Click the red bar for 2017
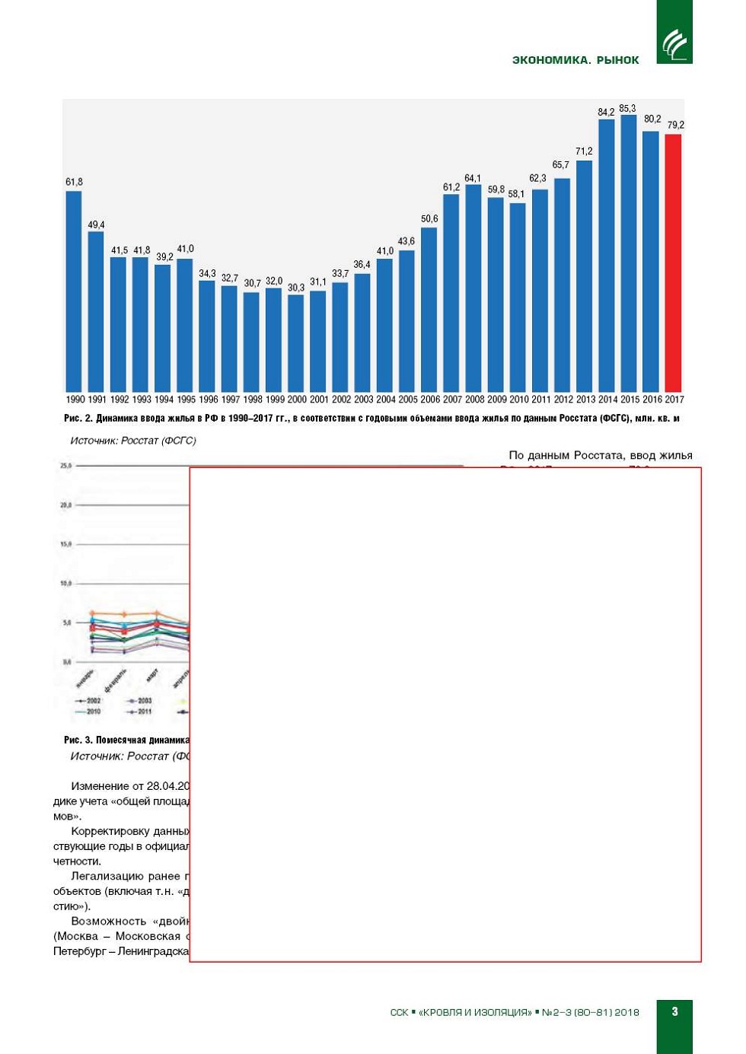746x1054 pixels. pyautogui.click(x=673, y=263)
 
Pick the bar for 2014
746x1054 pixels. pyautogui.click(x=607, y=255)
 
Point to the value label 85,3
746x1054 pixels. pyautogui.click(x=627, y=109)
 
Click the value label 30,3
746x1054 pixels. pyautogui.click(x=296, y=288)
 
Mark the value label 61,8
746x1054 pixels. pyautogui.click(x=74, y=183)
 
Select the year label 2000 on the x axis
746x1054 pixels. pyautogui.click(x=297, y=400)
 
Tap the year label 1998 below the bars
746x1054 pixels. pyautogui.click(x=253, y=400)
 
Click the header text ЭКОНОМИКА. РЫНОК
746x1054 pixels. pyautogui.click(x=575, y=60)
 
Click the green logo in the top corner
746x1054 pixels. pyautogui.click(x=674, y=32)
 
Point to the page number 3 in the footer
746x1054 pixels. pyautogui.click(x=674, y=1011)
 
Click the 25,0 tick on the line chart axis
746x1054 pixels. pyautogui.click(x=66, y=466)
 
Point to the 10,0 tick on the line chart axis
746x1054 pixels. pyautogui.click(x=66, y=584)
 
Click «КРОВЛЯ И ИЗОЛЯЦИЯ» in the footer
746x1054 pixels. pyautogui.click(x=475, y=1012)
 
